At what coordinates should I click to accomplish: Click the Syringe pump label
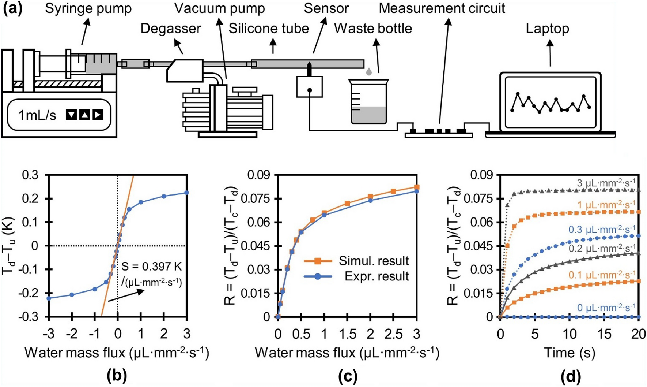tap(88, 8)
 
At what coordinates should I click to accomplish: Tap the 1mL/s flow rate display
tap(38, 115)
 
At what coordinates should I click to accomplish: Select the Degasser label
tap(171, 29)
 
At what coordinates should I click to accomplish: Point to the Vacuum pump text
tap(219, 8)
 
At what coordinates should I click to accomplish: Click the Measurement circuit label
tap(442, 8)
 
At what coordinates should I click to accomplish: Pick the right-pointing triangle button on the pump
tap(98, 115)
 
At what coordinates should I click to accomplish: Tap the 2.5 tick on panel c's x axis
tap(393, 334)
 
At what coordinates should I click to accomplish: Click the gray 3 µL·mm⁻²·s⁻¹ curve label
tap(606, 183)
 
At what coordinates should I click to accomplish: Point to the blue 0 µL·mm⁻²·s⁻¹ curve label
tap(606, 308)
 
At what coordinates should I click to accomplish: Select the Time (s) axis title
tap(569, 353)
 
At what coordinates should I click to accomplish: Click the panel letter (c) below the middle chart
tap(347, 376)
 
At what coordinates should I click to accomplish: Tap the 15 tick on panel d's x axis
tap(604, 334)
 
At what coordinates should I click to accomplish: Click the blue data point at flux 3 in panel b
tap(186, 193)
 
